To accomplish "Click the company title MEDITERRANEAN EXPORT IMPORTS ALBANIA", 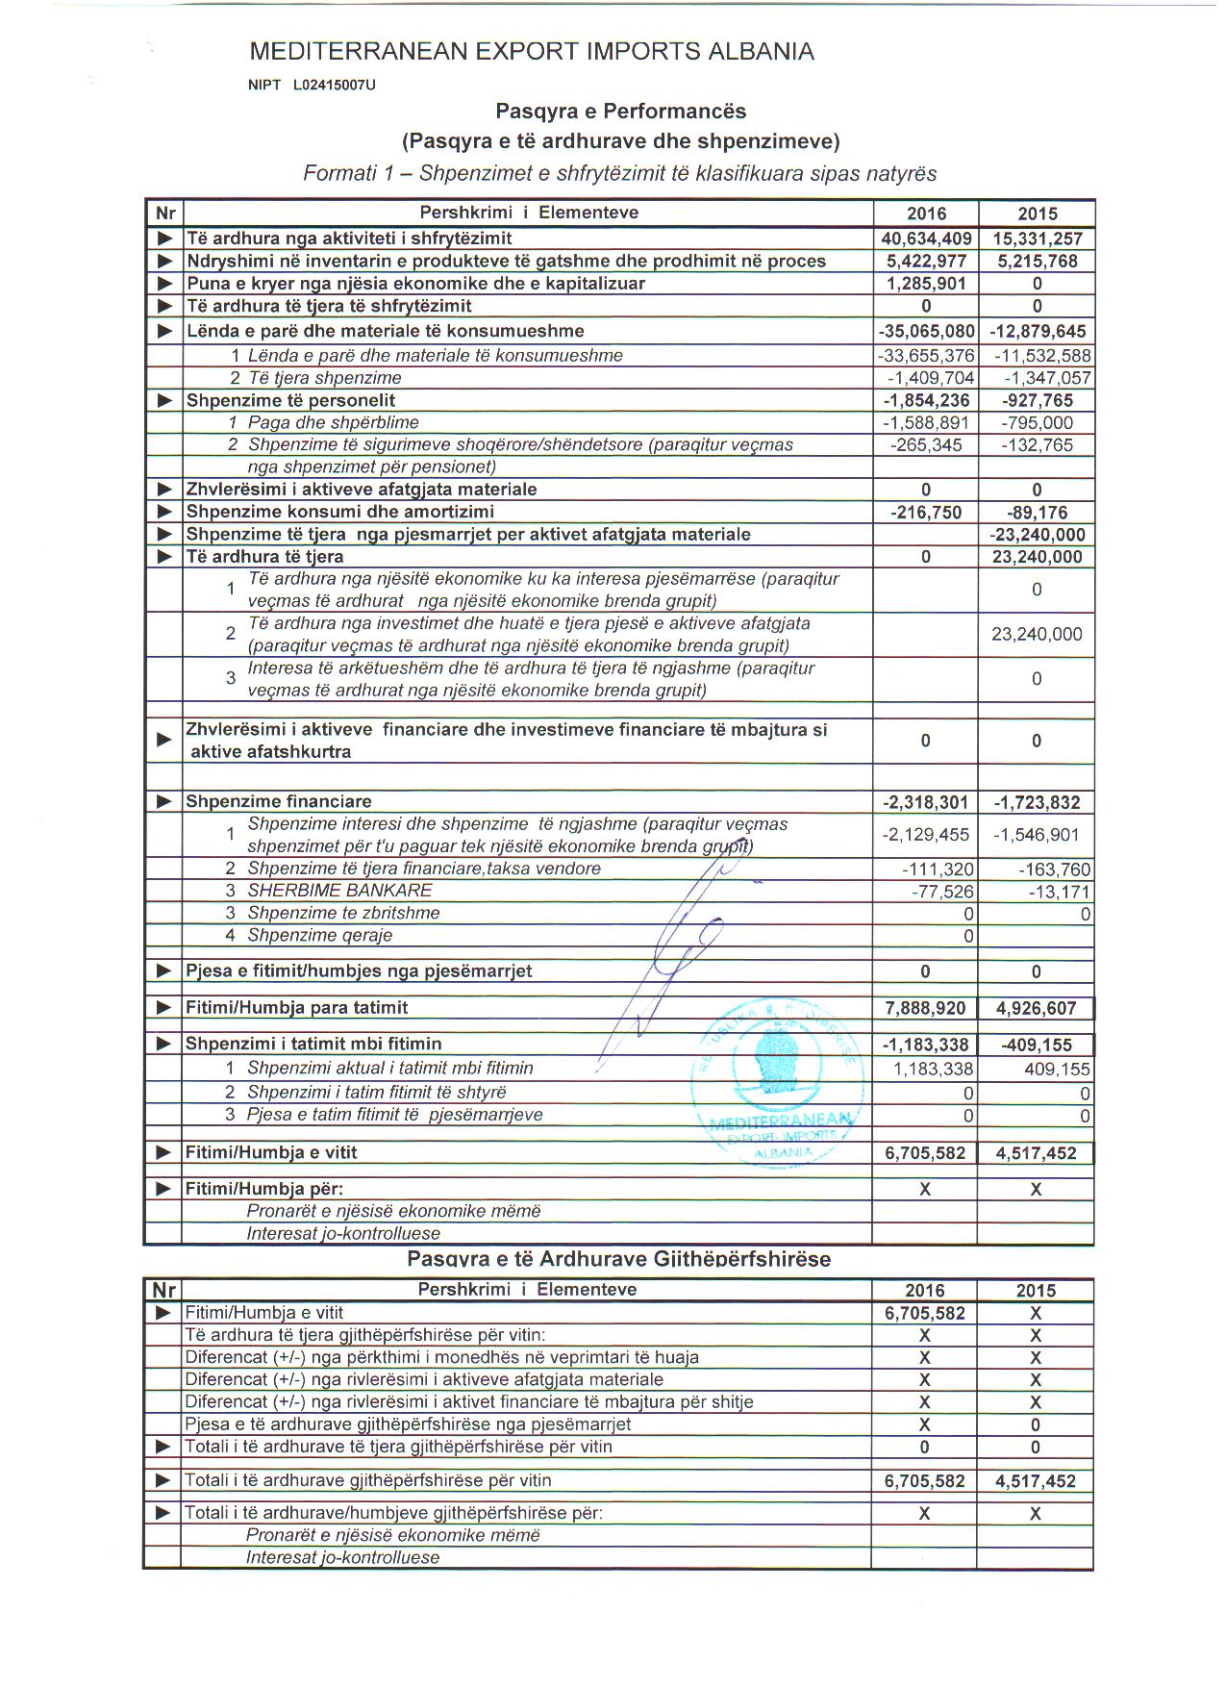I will pyautogui.click(x=531, y=52).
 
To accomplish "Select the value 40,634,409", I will pyautogui.click(x=926, y=239).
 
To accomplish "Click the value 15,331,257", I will pyautogui.click(x=1037, y=239).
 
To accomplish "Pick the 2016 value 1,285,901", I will pyautogui.click(x=926, y=284).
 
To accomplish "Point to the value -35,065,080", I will pyautogui.click(x=926, y=332).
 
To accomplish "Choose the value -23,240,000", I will pyautogui.click(x=1037, y=535).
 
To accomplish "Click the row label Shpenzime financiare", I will pyautogui.click(x=278, y=802).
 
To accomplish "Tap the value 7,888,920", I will pyautogui.click(x=925, y=1008).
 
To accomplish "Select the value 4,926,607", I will pyautogui.click(x=1036, y=1009).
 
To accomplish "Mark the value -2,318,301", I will pyautogui.click(x=926, y=802).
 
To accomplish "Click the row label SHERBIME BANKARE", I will pyautogui.click(x=326, y=892).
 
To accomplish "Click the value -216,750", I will pyautogui.click(x=926, y=513).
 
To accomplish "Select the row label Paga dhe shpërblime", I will pyautogui.click(x=333, y=423).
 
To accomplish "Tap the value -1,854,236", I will pyautogui.click(x=926, y=401).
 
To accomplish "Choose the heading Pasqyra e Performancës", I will pyautogui.click(x=620, y=112).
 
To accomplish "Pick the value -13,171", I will pyautogui.click(x=1058, y=892).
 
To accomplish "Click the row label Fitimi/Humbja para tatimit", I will pyautogui.click(x=296, y=1008).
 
